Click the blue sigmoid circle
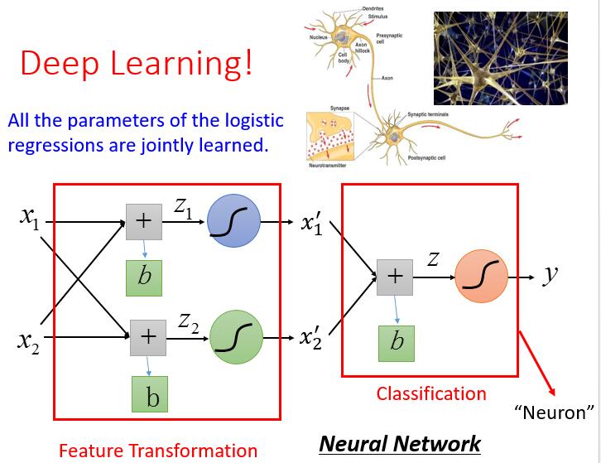click(x=233, y=222)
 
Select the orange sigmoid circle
click(x=481, y=277)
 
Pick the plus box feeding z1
click(x=143, y=222)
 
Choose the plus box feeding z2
click(x=148, y=336)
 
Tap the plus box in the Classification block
click(x=395, y=277)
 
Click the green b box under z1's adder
click(x=145, y=276)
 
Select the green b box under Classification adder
click(x=397, y=342)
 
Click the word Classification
click(x=431, y=393)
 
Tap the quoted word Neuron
click(x=554, y=412)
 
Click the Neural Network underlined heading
click(x=399, y=443)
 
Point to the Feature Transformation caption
click(x=157, y=451)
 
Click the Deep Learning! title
click(x=136, y=64)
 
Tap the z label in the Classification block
click(x=433, y=258)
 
